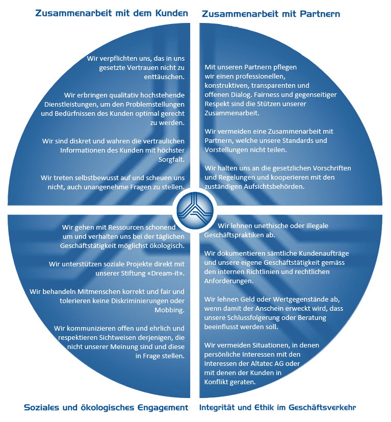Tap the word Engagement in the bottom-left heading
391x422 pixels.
(163, 408)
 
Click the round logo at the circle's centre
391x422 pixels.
(195, 210)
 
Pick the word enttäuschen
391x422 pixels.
(164, 77)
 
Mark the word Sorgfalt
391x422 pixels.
(171, 159)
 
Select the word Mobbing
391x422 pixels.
(169, 310)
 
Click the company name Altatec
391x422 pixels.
(262, 364)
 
